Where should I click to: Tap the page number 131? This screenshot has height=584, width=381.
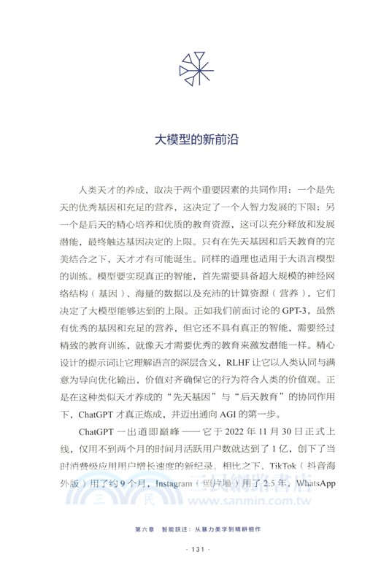click(190, 569)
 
